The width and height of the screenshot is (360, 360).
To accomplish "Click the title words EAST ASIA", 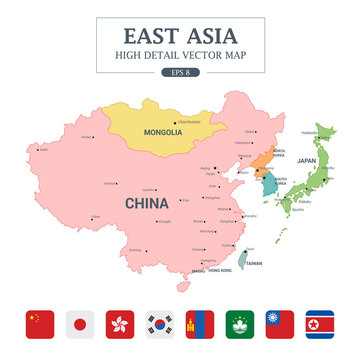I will coord(181,37).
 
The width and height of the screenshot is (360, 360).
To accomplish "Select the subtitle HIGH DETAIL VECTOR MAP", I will coord(181,55).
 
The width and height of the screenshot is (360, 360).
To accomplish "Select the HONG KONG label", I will coord(219,271).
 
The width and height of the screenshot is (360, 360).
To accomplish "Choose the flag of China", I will coord(40,324).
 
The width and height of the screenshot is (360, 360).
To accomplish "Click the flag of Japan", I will coord(80,324).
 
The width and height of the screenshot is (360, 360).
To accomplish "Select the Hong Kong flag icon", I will coord(120,324).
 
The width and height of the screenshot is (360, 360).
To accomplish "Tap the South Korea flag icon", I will coord(160,324).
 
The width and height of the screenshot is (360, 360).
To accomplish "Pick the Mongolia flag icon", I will coord(200,324).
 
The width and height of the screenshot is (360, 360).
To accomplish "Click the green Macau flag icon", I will coord(240,324).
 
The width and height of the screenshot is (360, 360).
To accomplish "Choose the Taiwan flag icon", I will coord(280,324).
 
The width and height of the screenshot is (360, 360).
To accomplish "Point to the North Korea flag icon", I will coord(320,324).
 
